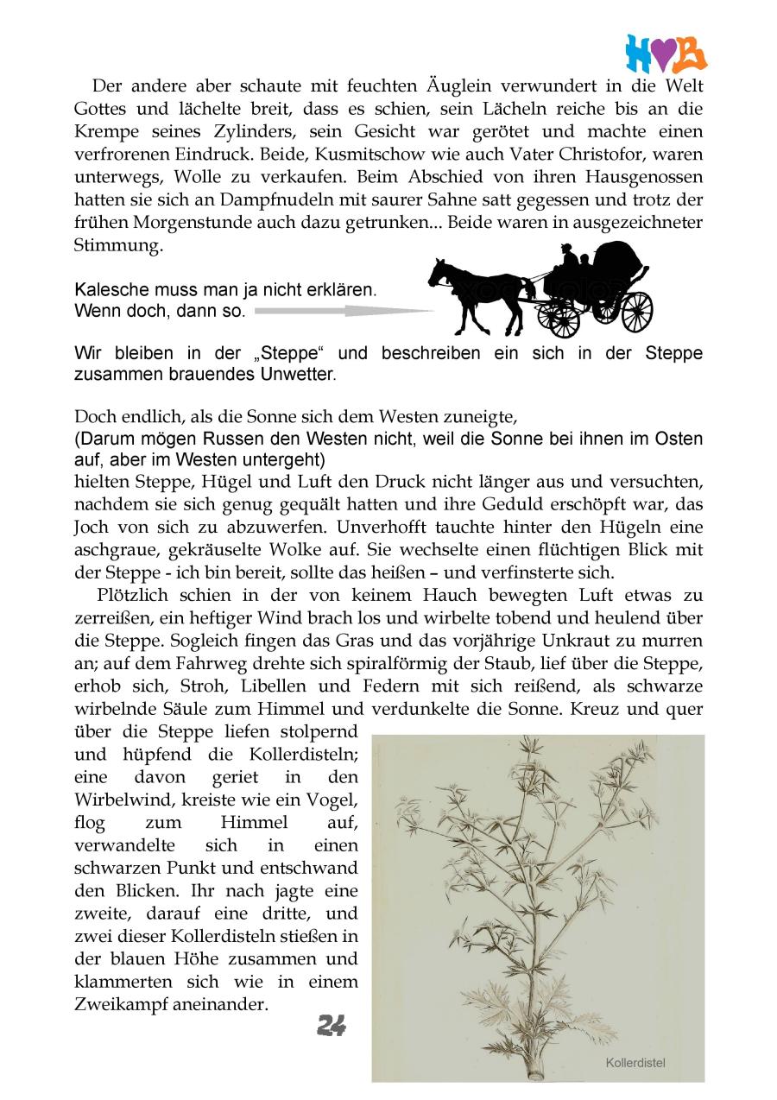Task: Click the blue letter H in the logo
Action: tap(640, 54)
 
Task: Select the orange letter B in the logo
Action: tap(691, 54)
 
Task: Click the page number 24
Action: tap(332, 1025)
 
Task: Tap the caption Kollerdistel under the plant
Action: tap(635, 1063)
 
